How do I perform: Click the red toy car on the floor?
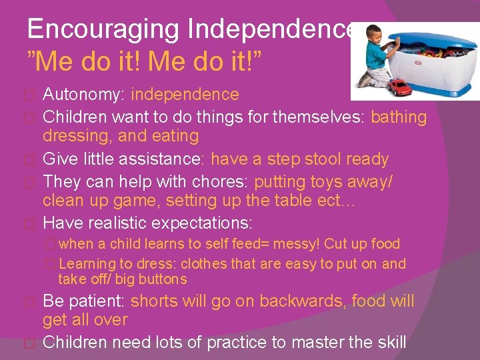tap(400, 86)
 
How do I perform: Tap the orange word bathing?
tap(398, 117)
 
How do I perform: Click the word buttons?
tap(160, 279)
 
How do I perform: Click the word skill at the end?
tap(388, 343)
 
